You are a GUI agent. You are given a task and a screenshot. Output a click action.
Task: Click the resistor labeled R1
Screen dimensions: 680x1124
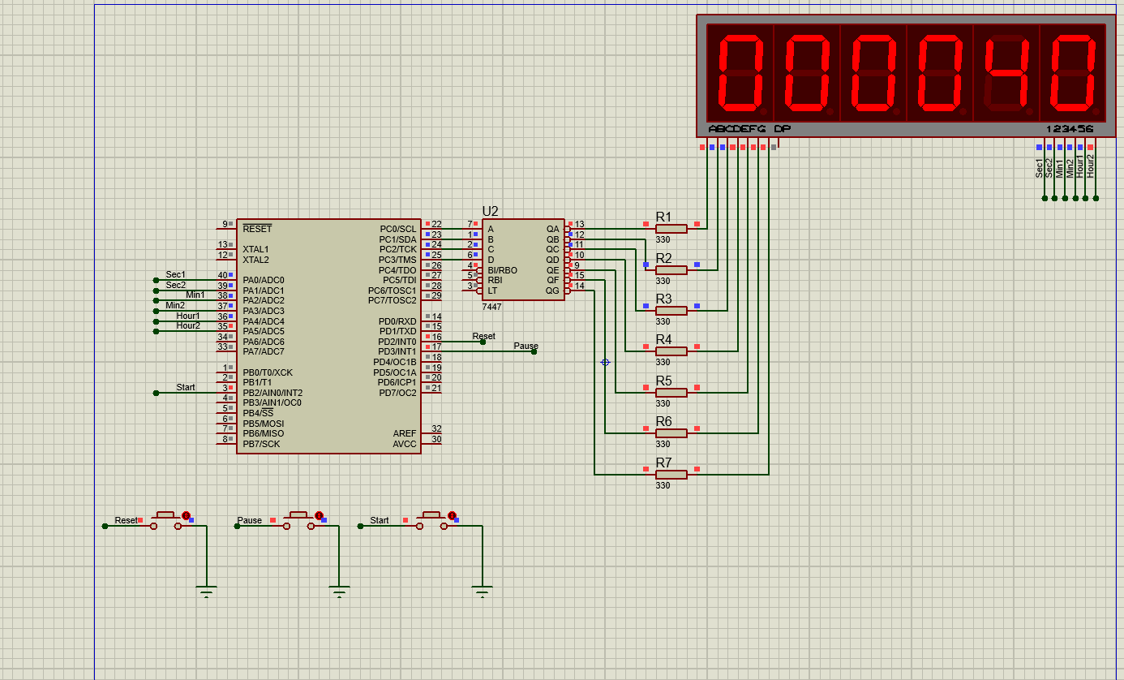click(x=671, y=229)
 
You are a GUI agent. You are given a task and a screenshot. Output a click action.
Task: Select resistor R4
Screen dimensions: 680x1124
click(x=671, y=351)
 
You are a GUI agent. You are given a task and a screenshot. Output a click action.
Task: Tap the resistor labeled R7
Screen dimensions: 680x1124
click(x=671, y=474)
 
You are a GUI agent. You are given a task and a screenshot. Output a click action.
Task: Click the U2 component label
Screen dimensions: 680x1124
click(x=490, y=212)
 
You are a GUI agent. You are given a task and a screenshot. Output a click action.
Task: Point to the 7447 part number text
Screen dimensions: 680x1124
click(x=491, y=307)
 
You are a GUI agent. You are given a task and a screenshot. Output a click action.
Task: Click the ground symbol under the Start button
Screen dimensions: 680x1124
click(x=483, y=591)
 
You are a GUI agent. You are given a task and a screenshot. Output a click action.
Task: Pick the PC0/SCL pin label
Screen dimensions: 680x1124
click(x=397, y=230)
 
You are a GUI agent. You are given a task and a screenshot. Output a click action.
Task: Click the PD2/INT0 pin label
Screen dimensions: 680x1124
click(x=397, y=342)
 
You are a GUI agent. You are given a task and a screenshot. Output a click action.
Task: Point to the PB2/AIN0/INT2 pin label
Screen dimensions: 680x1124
click(x=272, y=393)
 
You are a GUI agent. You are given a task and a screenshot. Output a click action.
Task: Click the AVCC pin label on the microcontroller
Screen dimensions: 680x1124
click(x=404, y=444)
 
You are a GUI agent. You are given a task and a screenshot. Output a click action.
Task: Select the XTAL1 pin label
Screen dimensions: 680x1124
click(x=255, y=249)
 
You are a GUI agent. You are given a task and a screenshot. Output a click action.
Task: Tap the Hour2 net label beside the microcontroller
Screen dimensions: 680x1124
click(x=188, y=325)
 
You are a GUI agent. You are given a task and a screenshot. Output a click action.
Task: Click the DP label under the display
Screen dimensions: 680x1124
click(x=782, y=129)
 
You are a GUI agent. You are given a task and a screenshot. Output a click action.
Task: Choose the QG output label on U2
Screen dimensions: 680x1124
click(x=552, y=291)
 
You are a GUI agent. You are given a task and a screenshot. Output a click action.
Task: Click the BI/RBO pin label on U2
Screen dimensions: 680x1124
click(x=502, y=270)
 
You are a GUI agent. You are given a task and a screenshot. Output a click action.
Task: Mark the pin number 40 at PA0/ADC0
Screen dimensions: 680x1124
click(x=222, y=275)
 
